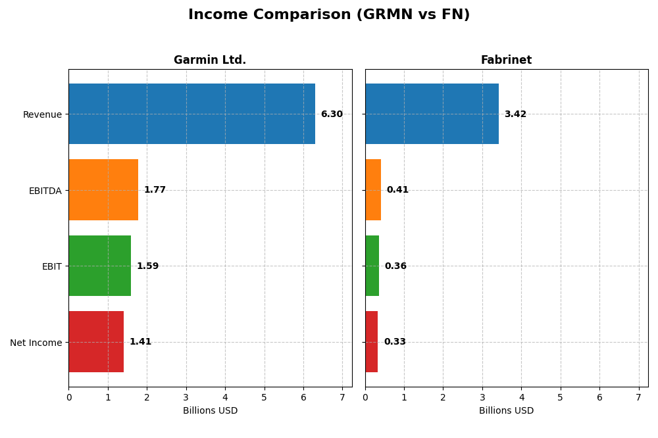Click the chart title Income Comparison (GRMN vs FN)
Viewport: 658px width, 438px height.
[x=329, y=14]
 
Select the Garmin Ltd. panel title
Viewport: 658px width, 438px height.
[x=210, y=60]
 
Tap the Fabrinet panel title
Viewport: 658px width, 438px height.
[x=506, y=60]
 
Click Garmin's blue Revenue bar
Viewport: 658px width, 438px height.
[x=191, y=114]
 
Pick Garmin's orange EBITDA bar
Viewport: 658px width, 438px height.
[x=103, y=190]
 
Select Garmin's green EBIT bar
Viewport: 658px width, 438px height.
[x=99, y=266]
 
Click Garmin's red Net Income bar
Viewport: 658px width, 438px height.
[x=96, y=342]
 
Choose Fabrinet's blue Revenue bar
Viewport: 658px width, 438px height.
[x=432, y=114]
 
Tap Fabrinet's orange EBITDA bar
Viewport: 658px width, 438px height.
[x=373, y=190]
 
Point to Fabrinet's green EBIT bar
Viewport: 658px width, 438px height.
[x=372, y=266]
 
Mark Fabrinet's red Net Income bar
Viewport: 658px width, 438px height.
[x=371, y=342]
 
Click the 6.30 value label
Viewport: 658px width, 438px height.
[x=332, y=114]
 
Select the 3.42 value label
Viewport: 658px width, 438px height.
[x=515, y=114]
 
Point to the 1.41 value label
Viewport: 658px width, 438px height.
[x=140, y=342]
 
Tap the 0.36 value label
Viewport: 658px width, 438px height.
[x=395, y=266]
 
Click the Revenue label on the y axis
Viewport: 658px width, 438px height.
[x=42, y=114]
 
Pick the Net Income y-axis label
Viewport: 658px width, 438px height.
[x=36, y=343]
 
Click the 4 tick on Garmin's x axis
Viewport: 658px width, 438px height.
[x=225, y=397]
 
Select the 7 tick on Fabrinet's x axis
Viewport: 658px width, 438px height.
[x=638, y=397]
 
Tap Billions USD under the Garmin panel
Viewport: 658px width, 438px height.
[x=210, y=410]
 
